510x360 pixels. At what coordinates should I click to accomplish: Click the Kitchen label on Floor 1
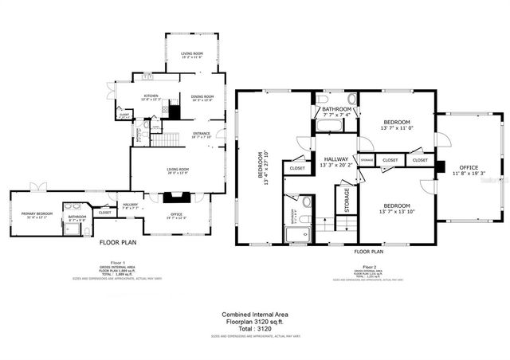151,98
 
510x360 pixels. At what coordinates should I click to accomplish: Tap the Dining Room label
202,98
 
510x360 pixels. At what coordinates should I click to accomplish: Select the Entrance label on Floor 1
201,135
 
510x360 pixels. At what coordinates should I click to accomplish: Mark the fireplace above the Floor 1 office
177,194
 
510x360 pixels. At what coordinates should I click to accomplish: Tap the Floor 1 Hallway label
130,206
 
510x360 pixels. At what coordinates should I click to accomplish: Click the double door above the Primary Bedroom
37,188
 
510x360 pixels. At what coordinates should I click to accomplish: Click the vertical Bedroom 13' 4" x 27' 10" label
262,168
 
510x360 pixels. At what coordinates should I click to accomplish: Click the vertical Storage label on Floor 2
346,200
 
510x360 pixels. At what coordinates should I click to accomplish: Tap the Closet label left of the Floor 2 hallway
297,168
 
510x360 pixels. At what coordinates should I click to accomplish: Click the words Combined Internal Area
255,314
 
